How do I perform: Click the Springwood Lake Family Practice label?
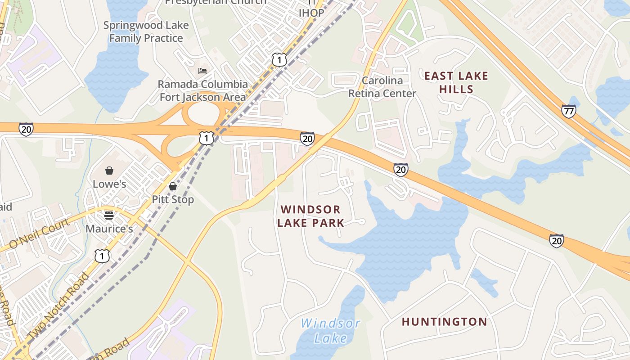(146, 31)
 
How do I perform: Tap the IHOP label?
(311, 13)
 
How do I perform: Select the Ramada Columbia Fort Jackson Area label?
(202, 90)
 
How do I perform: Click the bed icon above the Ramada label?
(202, 71)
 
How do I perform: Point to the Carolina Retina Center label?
(382, 87)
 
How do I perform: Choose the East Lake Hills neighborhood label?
(456, 82)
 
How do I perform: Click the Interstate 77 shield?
(569, 111)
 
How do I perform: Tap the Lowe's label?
(109, 184)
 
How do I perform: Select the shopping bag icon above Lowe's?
(109, 171)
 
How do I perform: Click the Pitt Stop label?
(173, 199)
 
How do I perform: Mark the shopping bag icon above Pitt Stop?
(173, 186)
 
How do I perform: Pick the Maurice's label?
(109, 229)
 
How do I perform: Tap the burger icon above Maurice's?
(108, 215)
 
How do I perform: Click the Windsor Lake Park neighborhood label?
(310, 216)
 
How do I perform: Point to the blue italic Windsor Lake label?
(331, 331)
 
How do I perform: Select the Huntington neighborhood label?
(444, 322)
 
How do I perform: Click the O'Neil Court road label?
(40, 233)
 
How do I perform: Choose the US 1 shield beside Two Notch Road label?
(102, 256)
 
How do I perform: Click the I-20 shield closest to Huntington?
(557, 241)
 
